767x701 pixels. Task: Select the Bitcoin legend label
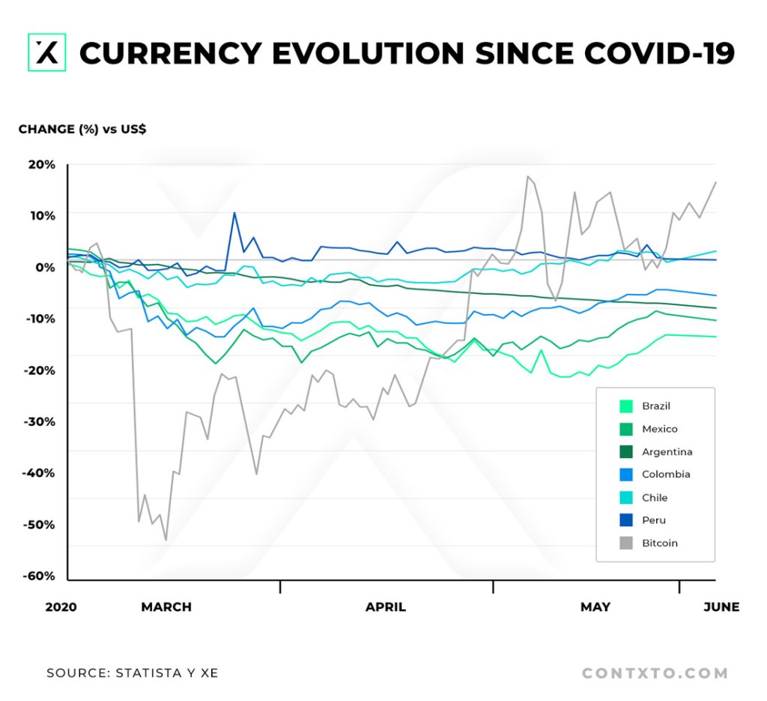pos(659,543)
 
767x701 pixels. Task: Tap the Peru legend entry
pos(653,520)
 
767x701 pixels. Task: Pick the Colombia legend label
pos(666,475)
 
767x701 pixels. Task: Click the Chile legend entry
pos(654,498)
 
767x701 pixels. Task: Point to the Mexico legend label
pos(659,429)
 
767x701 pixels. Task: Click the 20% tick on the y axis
pos(42,164)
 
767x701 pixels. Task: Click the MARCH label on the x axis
pos(166,607)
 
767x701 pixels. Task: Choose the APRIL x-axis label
pos(386,607)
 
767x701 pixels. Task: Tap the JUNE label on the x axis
pos(721,607)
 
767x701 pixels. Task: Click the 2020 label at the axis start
pos(61,607)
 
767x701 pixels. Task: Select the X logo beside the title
pos(46,52)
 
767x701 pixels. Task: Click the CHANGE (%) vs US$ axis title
pos(82,129)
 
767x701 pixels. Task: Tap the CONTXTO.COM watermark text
pos(655,673)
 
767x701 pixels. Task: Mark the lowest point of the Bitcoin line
pos(166,540)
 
